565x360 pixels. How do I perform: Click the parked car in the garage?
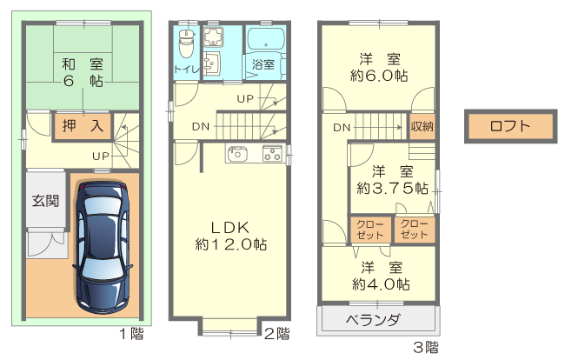click(x=102, y=248)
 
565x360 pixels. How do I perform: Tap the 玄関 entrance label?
click(x=45, y=200)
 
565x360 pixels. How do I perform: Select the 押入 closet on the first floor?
click(x=83, y=126)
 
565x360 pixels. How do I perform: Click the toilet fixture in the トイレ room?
click(x=186, y=43)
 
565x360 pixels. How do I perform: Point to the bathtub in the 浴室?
click(x=266, y=39)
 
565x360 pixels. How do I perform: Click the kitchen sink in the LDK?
click(x=236, y=153)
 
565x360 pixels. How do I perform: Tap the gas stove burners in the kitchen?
click(x=272, y=154)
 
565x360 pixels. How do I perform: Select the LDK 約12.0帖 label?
click(x=230, y=236)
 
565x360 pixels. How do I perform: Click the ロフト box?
click(x=510, y=126)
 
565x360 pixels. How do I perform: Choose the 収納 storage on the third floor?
click(x=422, y=126)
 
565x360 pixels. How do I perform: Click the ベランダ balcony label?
click(x=373, y=319)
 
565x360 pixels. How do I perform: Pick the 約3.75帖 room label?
click(x=392, y=188)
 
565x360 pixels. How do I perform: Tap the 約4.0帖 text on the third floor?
click(x=381, y=284)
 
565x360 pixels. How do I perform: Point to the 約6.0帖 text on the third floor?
click(x=379, y=76)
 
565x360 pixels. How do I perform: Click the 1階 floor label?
click(x=132, y=334)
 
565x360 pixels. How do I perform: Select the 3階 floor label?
click(x=426, y=348)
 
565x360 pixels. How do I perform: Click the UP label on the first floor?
click(x=101, y=156)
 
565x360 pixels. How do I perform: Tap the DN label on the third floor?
click(x=342, y=127)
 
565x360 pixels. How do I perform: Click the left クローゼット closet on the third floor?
click(x=370, y=230)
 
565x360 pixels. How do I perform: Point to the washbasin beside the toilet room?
click(x=212, y=63)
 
